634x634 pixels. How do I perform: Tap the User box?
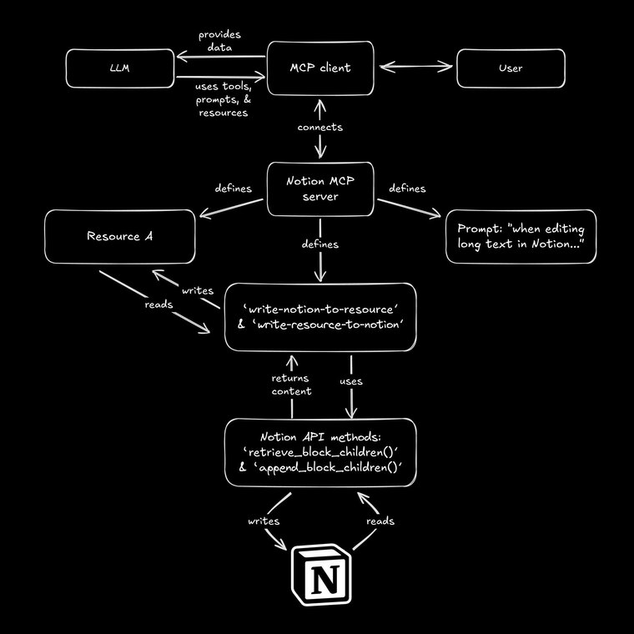click(510, 68)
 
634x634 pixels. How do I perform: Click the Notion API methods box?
click(321, 451)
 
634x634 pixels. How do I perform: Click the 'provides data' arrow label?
click(220, 42)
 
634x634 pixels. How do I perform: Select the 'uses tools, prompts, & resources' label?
click(224, 99)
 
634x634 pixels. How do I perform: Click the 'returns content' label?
click(292, 385)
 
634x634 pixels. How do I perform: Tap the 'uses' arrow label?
click(350, 380)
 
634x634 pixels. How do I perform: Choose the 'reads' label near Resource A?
click(158, 304)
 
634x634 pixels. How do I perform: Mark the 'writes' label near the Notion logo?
click(263, 521)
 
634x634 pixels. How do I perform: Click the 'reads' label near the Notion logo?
click(380, 521)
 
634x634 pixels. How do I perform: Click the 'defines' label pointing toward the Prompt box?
click(407, 189)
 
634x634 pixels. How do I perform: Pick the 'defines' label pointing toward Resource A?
click(233, 189)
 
